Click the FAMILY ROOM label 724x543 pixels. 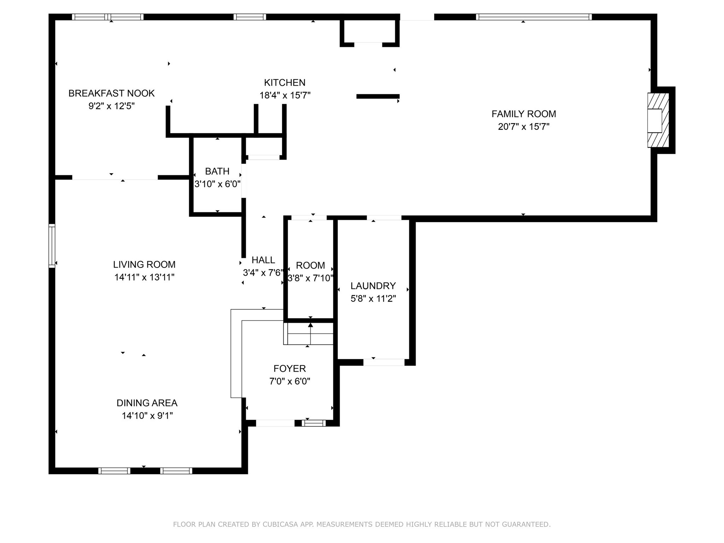(524, 114)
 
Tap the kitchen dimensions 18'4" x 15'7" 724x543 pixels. (285, 95)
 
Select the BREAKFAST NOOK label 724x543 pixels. (111, 93)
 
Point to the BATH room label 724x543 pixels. (217, 171)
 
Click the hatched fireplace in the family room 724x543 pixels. (658, 120)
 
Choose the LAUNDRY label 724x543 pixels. (373, 286)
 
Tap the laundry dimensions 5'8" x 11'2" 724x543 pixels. (373, 299)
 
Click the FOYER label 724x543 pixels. (290, 369)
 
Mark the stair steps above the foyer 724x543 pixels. (309, 334)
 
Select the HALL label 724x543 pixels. (263, 260)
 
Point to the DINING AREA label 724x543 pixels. (147, 403)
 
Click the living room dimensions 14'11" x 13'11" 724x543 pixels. (144, 277)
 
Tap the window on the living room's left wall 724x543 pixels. (52, 245)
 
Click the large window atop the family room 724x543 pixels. (533, 17)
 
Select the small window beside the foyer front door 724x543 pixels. (314, 423)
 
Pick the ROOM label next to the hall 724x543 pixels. (310, 265)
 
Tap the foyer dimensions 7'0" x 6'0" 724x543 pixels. (290, 381)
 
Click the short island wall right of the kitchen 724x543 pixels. (378, 96)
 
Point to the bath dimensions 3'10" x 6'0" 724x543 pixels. (217, 184)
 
